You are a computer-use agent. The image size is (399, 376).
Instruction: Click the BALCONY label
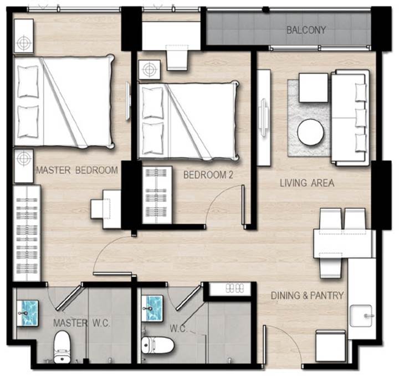click(x=306, y=30)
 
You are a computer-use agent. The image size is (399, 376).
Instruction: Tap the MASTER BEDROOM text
click(x=77, y=170)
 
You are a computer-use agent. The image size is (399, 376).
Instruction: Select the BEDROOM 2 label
click(x=208, y=175)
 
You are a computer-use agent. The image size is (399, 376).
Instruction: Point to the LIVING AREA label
click(x=307, y=183)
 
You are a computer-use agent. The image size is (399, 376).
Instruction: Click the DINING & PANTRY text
click(x=307, y=295)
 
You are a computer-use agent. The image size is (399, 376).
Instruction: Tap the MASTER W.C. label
click(x=81, y=323)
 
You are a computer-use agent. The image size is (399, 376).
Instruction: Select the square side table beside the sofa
click(x=314, y=88)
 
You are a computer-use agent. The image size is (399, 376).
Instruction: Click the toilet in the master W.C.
click(x=62, y=347)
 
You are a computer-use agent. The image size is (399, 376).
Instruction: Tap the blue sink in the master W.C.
click(x=28, y=313)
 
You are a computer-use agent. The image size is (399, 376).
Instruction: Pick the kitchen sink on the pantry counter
click(x=361, y=315)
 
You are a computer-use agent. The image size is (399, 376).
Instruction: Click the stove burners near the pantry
click(x=234, y=288)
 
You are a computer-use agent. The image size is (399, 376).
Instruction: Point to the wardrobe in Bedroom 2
click(x=157, y=195)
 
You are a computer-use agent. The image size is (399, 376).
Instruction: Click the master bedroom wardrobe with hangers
click(x=27, y=233)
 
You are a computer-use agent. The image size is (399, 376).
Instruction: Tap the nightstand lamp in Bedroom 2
click(x=150, y=69)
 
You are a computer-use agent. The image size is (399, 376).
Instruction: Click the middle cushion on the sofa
click(x=361, y=118)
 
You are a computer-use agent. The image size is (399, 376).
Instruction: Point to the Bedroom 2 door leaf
click(x=243, y=206)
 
